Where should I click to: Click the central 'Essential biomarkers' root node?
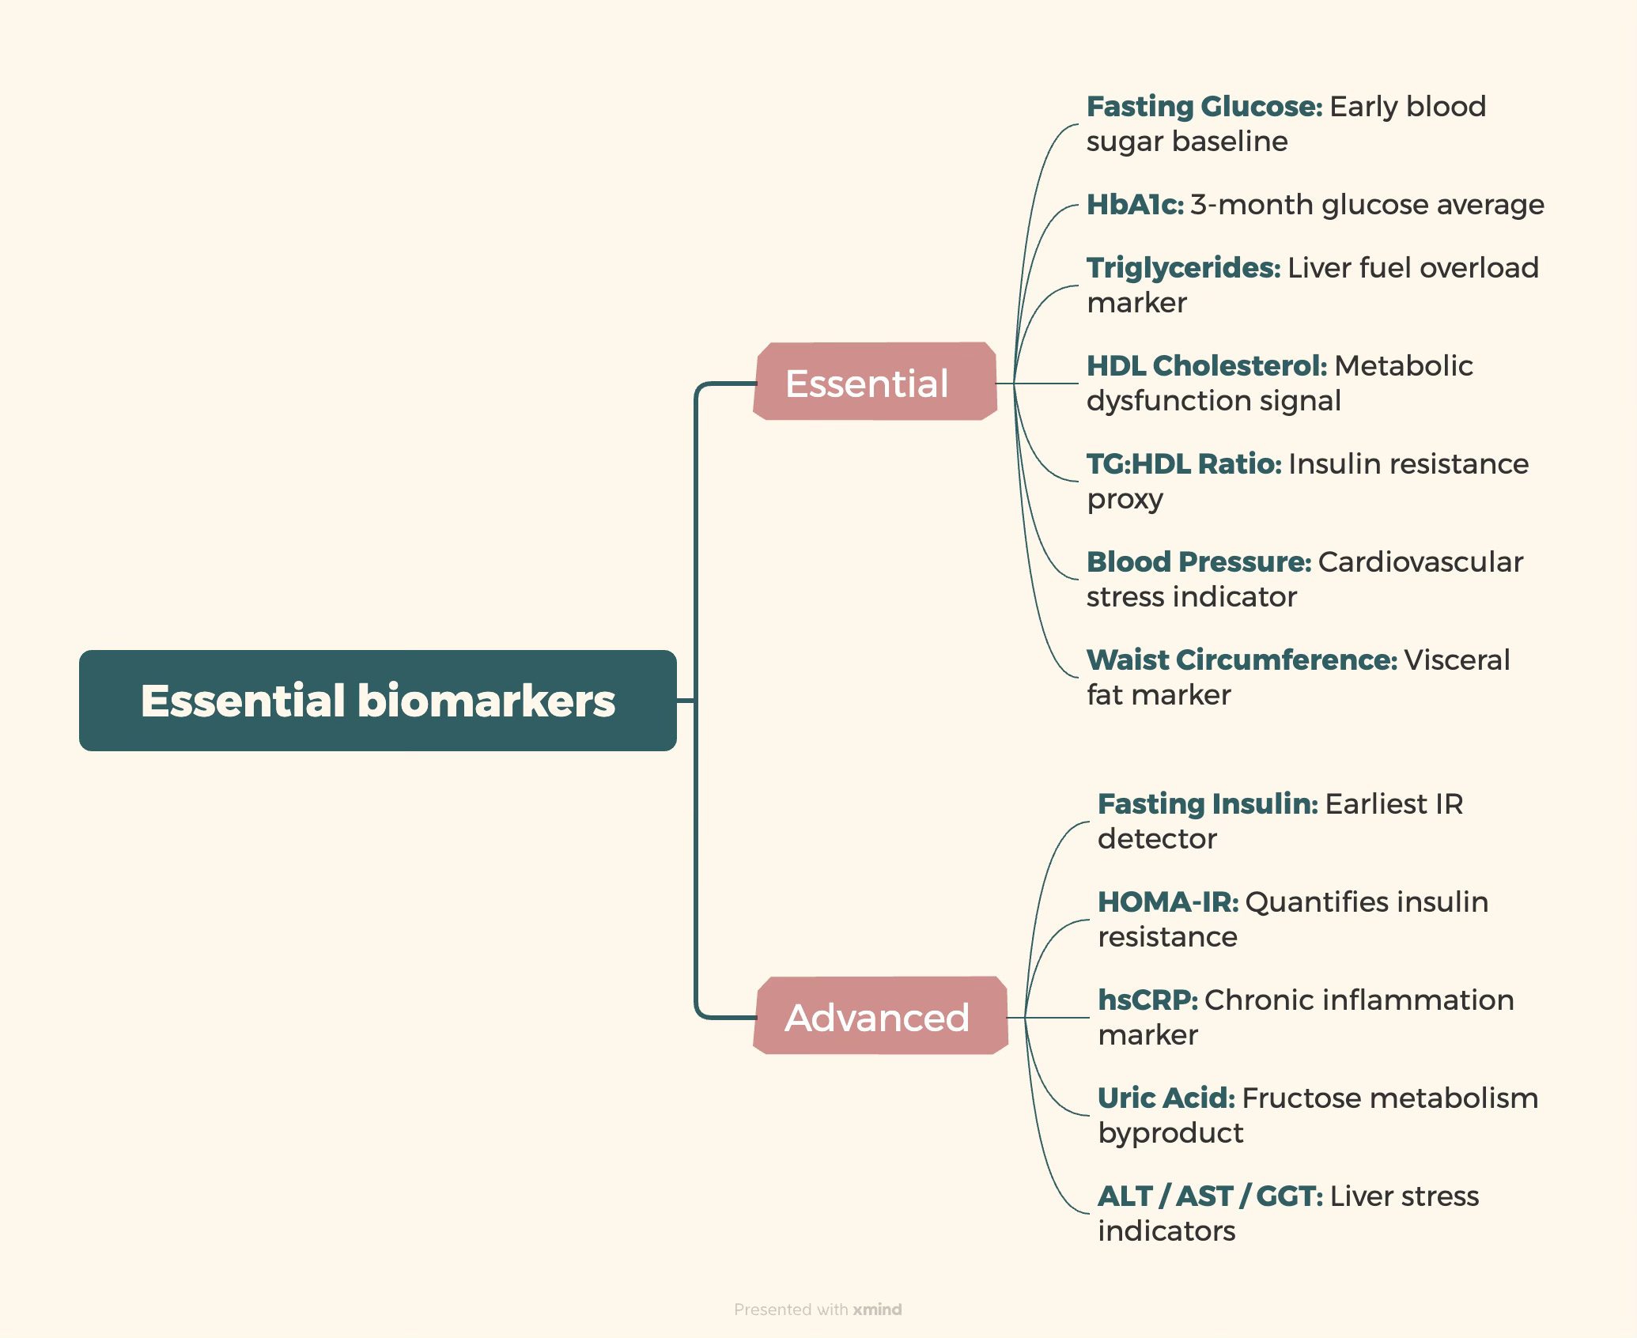coord(377,701)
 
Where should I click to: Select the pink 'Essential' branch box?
coord(874,382)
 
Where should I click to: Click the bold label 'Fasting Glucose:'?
coord(1204,107)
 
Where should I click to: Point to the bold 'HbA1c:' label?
coord(1135,205)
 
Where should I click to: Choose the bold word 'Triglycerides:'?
coord(1183,268)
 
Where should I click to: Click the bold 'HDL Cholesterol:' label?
coord(1207,366)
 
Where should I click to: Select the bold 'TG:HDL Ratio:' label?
coord(1184,464)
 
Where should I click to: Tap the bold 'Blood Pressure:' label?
coord(1199,562)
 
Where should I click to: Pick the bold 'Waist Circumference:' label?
coord(1242,660)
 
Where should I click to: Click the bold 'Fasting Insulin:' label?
coord(1208,804)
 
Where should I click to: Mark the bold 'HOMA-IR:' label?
coord(1168,902)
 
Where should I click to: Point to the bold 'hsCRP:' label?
coord(1147,1000)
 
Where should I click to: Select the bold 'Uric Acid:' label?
coord(1166,1098)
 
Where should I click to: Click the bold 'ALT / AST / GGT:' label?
coord(1210,1196)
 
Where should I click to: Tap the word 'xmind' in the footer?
coord(877,1310)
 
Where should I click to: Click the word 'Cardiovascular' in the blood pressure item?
coord(1420,562)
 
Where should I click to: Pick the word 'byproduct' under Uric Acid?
coord(1170,1134)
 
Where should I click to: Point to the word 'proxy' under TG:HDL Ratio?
coord(1125,500)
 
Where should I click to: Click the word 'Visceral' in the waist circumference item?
coord(1457,660)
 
